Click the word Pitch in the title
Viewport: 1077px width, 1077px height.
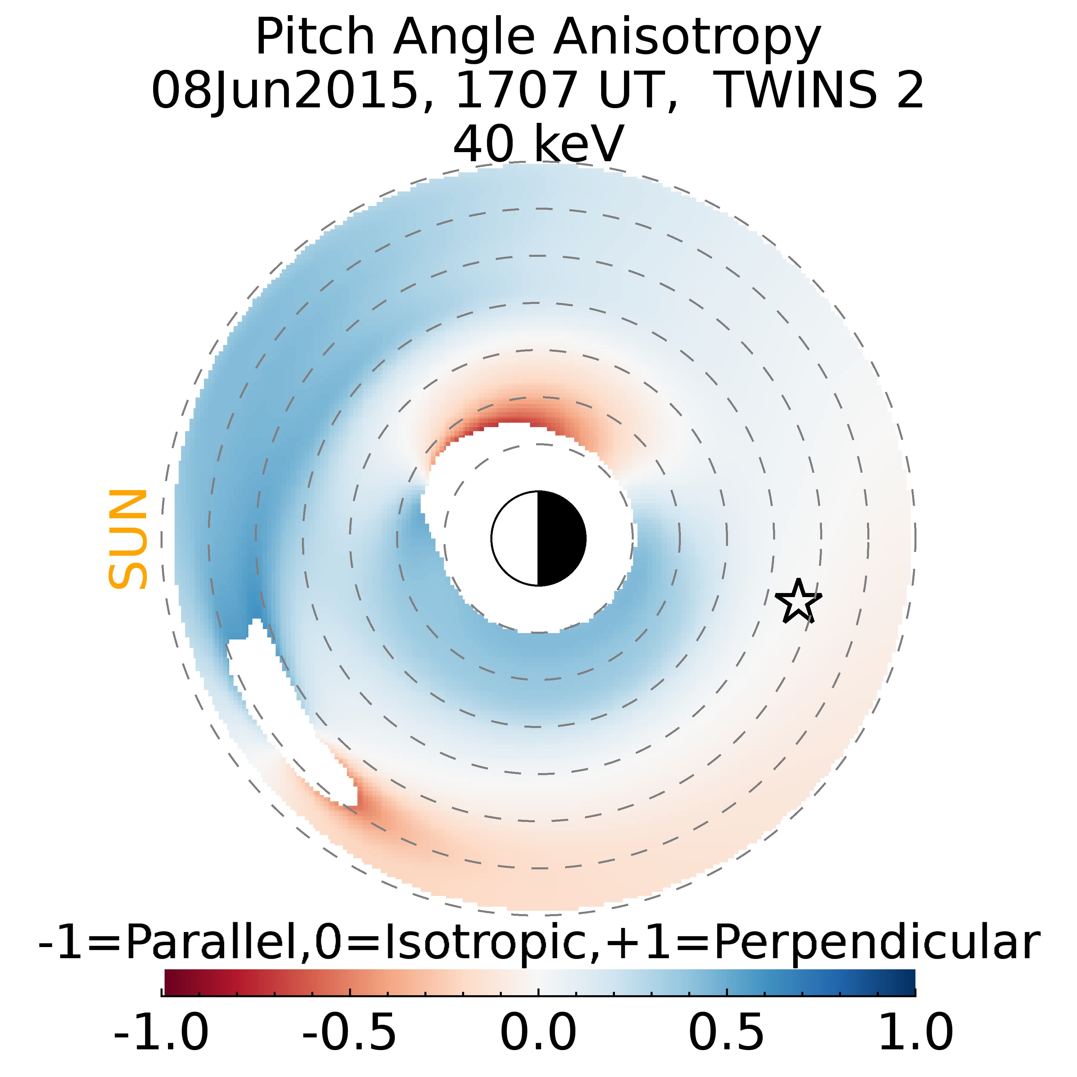(315, 38)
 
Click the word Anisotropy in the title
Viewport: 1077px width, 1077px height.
(687, 38)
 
